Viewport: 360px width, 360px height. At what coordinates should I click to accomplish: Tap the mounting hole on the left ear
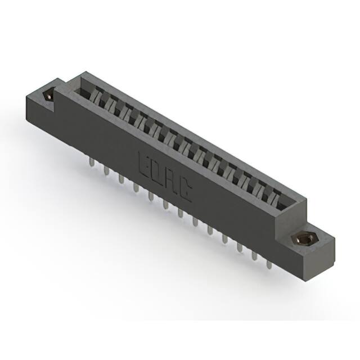click(49, 96)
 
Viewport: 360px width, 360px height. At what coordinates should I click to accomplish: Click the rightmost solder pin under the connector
click(269, 262)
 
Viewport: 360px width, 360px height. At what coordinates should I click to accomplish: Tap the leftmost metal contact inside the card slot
click(96, 97)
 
